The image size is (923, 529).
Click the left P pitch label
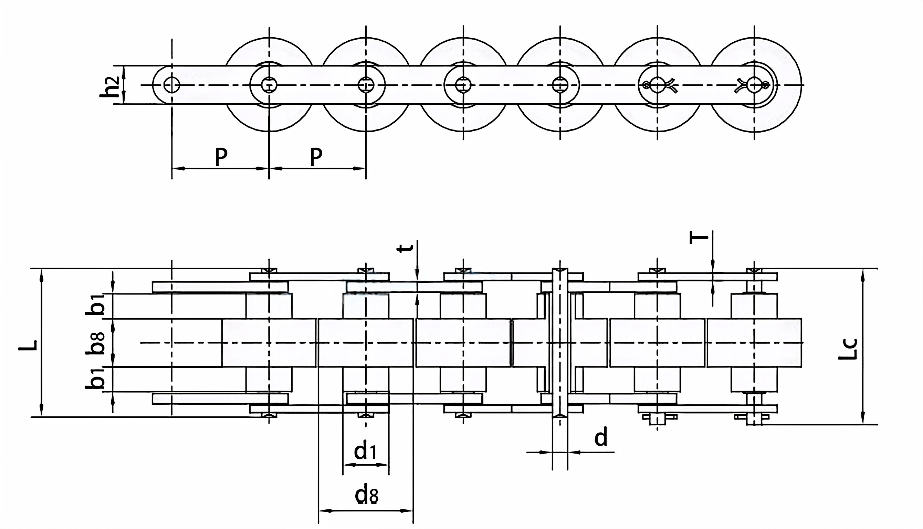(x=221, y=156)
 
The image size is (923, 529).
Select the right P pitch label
(x=316, y=156)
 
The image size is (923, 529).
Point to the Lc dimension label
(x=848, y=349)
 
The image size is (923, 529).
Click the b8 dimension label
(x=95, y=343)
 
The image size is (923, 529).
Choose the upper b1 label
(x=95, y=305)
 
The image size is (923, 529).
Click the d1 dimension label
(x=365, y=452)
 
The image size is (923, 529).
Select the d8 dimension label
(x=367, y=495)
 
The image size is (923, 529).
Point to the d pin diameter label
(x=601, y=437)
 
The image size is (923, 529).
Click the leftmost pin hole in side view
(x=172, y=85)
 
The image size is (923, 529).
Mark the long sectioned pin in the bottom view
(x=560, y=343)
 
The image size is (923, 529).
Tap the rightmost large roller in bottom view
(x=754, y=343)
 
